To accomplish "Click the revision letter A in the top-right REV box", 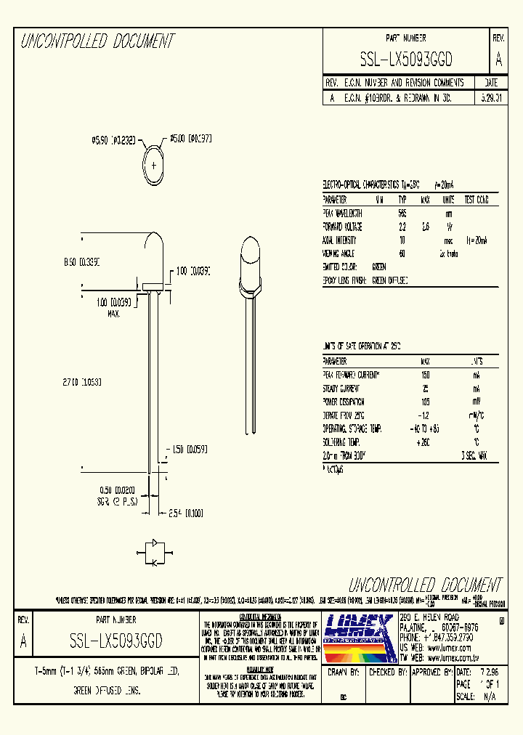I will (x=498, y=60).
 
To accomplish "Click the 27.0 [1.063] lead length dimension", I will (x=81, y=381).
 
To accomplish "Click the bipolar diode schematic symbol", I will (x=154, y=552).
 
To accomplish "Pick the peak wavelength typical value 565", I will (x=402, y=214).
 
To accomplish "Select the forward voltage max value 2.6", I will (x=426, y=227).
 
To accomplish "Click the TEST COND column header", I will (x=476, y=200).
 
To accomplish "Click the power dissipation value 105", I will (x=426, y=401).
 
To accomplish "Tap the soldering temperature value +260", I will (x=426, y=442).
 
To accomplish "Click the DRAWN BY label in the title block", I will (x=344, y=673).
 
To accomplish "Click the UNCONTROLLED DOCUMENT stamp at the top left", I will (x=97, y=42).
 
